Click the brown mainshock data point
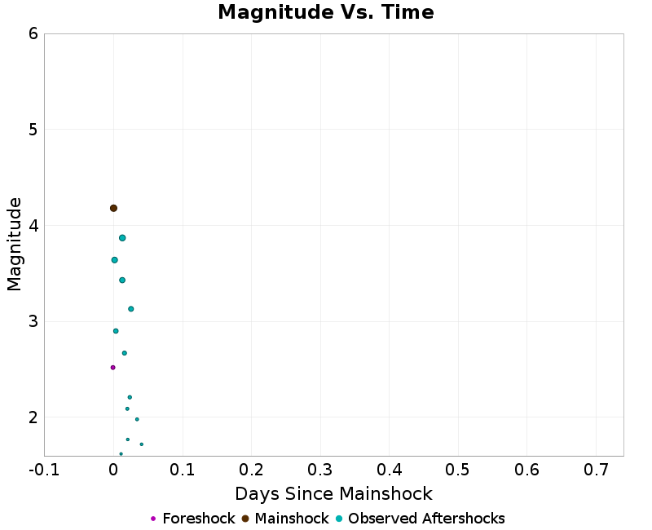(113, 208)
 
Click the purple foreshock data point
(112, 368)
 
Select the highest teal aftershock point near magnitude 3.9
(122, 238)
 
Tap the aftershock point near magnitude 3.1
(130, 309)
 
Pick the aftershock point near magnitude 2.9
(116, 331)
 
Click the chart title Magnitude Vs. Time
(325, 13)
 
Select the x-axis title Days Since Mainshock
(333, 494)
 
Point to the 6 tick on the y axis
(33, 33)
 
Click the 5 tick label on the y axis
(33, 130)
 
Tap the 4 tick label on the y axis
(33, 226)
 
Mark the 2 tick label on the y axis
(33, 417)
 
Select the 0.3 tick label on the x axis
(320, 470)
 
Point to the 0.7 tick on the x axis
(596, 470)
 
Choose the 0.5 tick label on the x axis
(458, 470)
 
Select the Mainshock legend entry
(285, 519)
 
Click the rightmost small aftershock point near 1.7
(141, 444)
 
